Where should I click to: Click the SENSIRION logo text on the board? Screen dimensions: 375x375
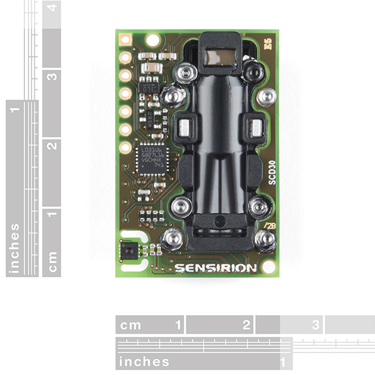pos(216,268)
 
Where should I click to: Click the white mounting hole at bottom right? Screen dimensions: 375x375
pos(269,267)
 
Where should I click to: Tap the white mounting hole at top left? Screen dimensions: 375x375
pos(151,39)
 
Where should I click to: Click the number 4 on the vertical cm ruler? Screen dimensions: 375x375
pos(52,8)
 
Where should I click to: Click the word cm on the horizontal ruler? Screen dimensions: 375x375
pos(132,325)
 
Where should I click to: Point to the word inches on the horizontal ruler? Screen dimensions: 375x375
pos(144,361)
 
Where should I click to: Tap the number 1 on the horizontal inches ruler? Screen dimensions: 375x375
pos(284,361)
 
